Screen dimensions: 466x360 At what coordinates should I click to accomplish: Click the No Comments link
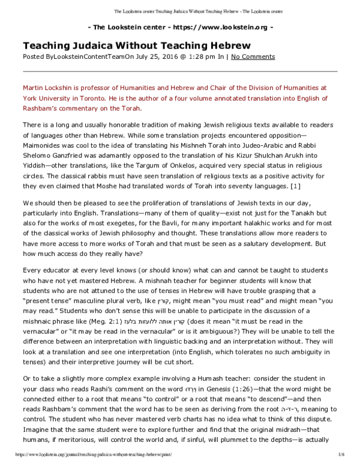pyautogui.click(x=253, y=56)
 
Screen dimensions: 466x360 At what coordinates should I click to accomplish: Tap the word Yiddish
pyautogui.click(x=36, y=170)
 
